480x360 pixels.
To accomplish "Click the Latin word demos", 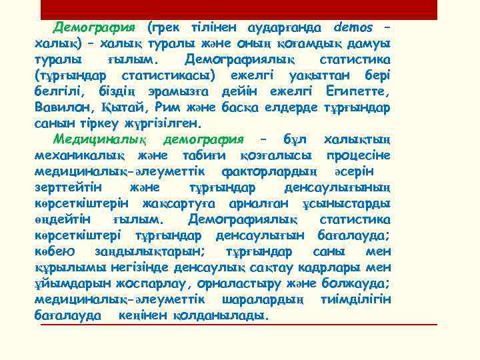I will coord(355,28).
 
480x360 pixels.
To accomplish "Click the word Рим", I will coord(168,107).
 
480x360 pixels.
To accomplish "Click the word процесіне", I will coord(358,155).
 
